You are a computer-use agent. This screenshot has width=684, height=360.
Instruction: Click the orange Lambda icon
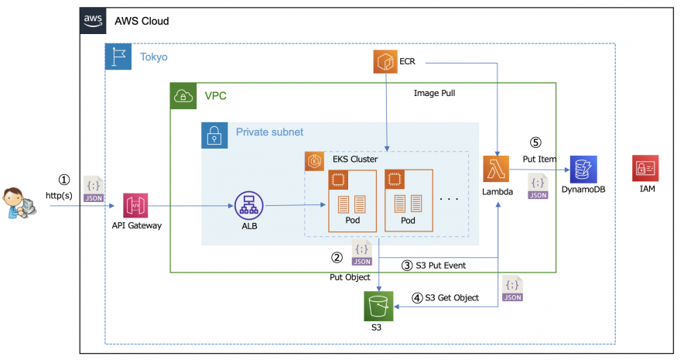(x=497, y=170)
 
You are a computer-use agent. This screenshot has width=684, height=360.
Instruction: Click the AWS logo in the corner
(x=93, y=22)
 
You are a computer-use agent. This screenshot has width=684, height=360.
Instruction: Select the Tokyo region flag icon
(x=118, y=57)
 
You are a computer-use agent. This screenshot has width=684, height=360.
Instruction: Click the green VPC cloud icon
(x=183, y=96)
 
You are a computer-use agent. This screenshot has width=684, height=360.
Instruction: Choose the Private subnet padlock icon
(x=214, y=135)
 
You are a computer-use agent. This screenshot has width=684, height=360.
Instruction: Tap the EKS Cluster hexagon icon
(x=316, y=160)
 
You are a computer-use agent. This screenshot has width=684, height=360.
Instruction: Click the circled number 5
(x=534, y=143)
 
